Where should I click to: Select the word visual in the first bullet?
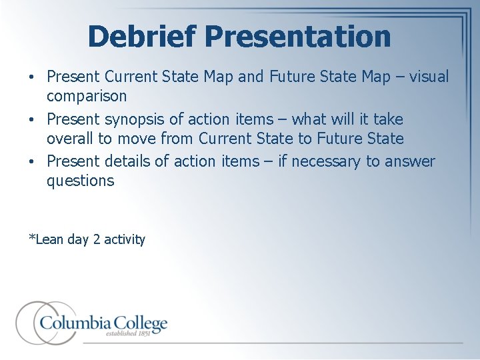pyautogui.click(x=429, y=77)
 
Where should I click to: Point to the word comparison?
pyautogui.click(x=86, y=96)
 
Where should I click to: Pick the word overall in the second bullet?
pyautogui.click(x=71, y=139)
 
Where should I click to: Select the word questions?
pyautogui.click(x=80, y=181)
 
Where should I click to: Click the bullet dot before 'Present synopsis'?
pyautogui.click(x=33, y=120)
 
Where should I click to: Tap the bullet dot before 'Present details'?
pyautogui.click(x=33, y=162)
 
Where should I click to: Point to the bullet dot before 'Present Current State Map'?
pyautogui.click(x=33, y=77)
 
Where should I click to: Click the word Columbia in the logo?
pyautogui.click(x=73, y=323)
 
